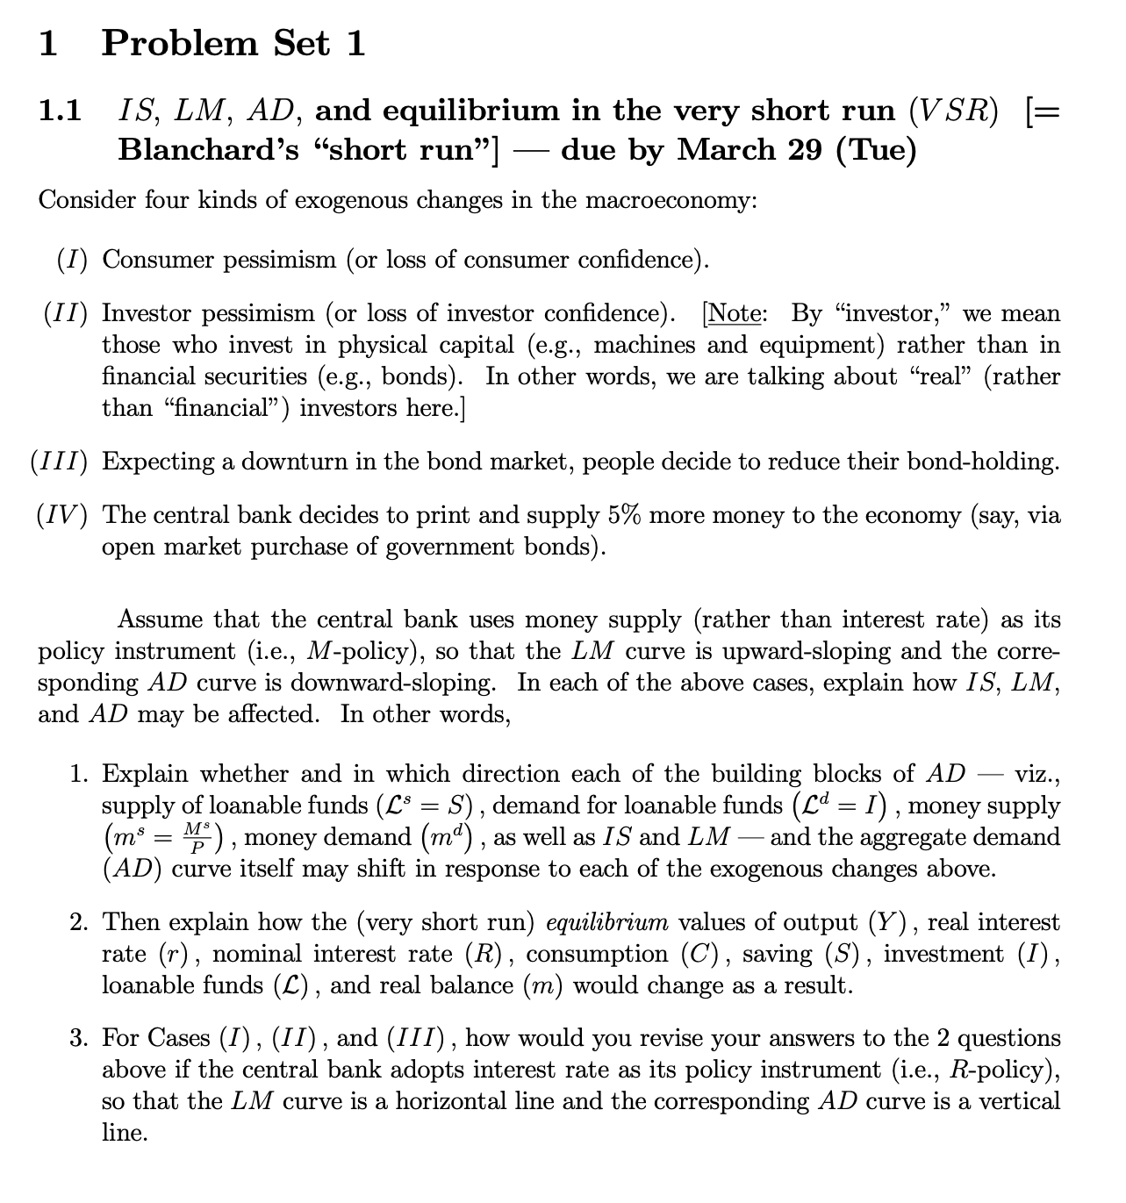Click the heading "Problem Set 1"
click(233, 42)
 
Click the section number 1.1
click(61, 111)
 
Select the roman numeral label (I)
click(73, 260)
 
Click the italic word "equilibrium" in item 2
click(606, 922)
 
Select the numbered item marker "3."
click(80, 1039)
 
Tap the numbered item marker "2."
click(80, 922)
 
